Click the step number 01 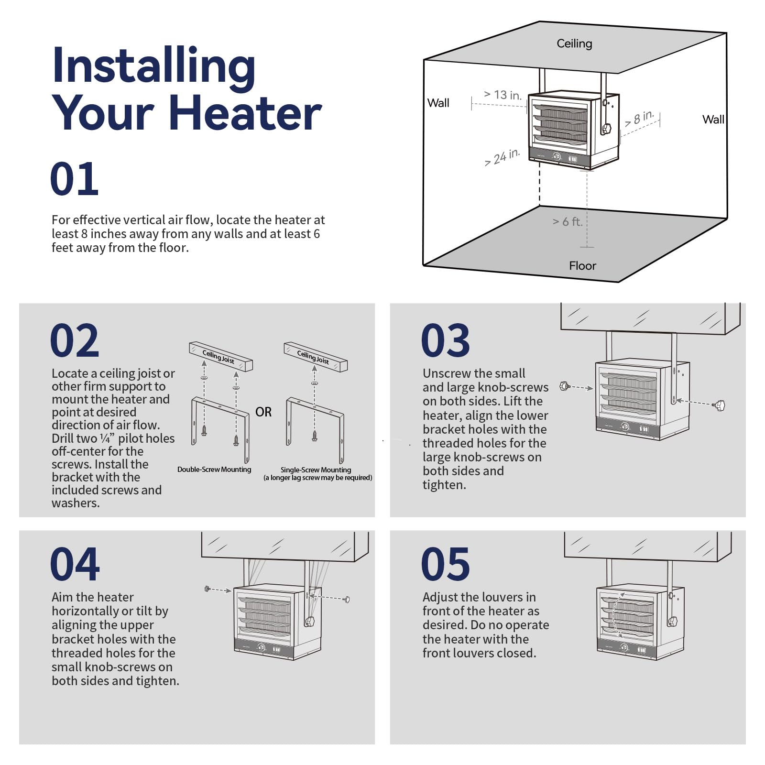[74, 179]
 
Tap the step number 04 [75, 564]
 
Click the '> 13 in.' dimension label [503, 95]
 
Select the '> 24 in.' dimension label [502, 157]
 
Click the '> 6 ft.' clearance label [568, 221]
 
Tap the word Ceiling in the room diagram [574, 44]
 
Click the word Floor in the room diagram [582, 266]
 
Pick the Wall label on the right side [713, 120]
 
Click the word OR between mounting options [263, 412]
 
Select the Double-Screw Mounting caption [214, 470]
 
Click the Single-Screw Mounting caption [316, 470]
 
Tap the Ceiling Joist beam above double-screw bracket [220, 357]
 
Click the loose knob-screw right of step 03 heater [719, 405]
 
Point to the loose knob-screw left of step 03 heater [565, 385]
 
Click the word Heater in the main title [245, 113]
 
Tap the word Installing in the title [153, 66]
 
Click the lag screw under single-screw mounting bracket [315, 436]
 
